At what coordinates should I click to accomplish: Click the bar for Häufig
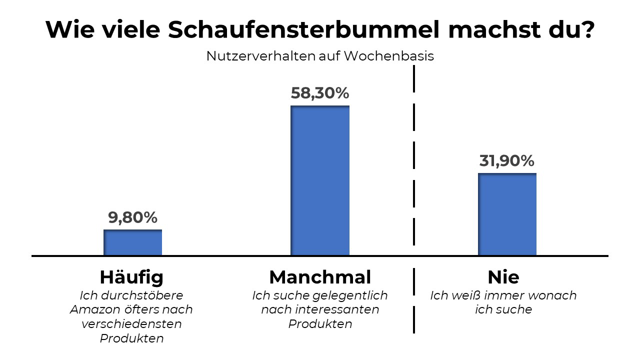[x=132, y=242]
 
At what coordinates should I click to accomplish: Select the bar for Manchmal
[x=320, y=180]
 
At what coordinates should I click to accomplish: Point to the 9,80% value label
[x=132, y=217]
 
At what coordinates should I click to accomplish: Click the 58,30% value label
[x=320, y=93]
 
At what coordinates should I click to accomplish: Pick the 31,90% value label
[x=507, y=161]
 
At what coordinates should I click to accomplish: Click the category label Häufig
[x=131, y=277]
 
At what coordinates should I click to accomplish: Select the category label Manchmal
[x=320, y=276]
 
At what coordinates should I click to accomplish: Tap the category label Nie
[x=503, y=276]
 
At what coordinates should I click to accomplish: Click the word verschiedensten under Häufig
[x=131, y=324]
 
